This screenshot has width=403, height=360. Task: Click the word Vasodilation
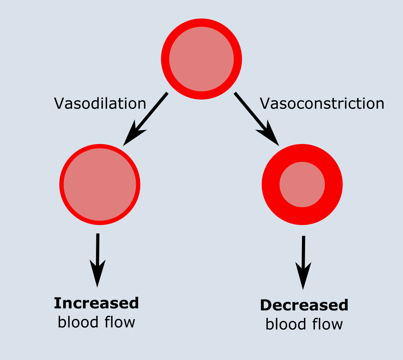[100, 103]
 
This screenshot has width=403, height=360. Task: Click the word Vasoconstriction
[322, 103]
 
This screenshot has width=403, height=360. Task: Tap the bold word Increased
[96, 303]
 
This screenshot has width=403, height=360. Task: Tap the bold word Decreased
[304, 305]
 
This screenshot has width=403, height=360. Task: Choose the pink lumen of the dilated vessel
[100, 185]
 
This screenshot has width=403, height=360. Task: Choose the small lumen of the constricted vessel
[302, 185]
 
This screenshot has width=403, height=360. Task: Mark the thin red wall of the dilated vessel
[61, 185]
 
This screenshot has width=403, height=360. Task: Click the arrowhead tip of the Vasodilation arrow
[124, 145]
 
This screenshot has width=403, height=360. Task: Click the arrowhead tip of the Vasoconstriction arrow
[279, 145]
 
